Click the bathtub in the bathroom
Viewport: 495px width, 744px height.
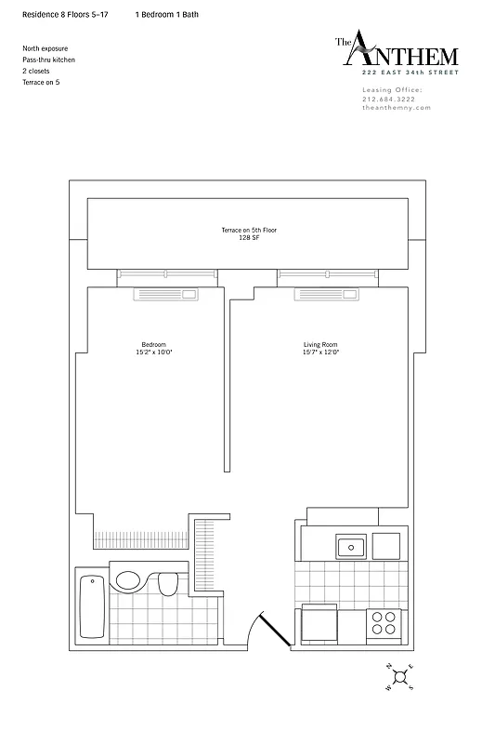click(91, 606)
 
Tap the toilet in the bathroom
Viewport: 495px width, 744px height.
click(168, 583)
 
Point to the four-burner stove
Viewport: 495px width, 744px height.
click(383, 621)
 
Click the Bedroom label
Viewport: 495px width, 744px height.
click(154, 345)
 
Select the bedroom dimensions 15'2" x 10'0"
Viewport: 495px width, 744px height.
click(154, 352)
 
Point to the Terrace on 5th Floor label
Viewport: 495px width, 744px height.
click(246, 230)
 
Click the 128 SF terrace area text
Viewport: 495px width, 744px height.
click(246, 237)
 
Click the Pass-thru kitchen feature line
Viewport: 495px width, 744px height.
click(49, 60)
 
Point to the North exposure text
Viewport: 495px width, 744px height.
click(45, 48)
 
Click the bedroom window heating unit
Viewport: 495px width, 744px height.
click(167, 295)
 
